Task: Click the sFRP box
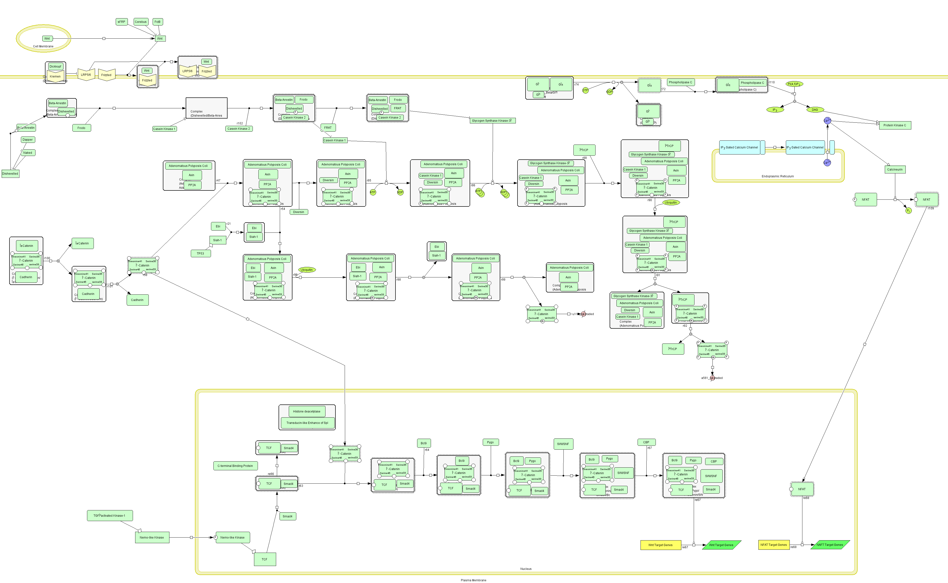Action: coord(122,22)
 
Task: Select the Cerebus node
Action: coord(140,22)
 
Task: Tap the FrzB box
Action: coord(158,22)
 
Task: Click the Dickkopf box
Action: coord(55,66)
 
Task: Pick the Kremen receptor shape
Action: coord(55,76)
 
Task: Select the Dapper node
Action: coord(28,140)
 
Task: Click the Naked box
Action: coord(28,153)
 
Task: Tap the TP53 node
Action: coord(201,253)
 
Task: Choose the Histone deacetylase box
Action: coord(307,412)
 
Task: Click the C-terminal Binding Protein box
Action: coord(235,466)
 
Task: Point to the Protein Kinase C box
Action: coord(895,125)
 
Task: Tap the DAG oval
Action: coord(815,110)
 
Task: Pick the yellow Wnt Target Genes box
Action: coord(660,545)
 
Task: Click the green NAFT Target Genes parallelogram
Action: coord(830,545)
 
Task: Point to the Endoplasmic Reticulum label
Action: coord(777,176)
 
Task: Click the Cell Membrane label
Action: coord(43,46)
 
